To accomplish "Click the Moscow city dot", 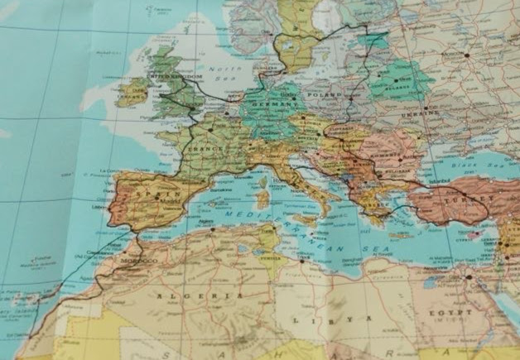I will click(x=466, y=55).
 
